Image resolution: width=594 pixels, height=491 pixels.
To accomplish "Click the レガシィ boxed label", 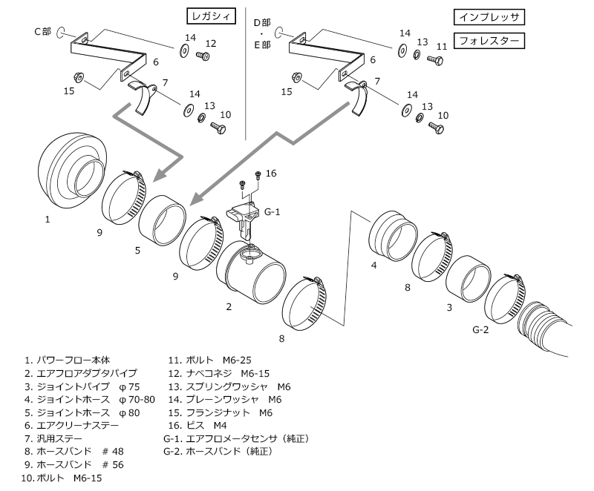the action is (x=212, y=16).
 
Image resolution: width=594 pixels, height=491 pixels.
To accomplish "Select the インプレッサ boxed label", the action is (x=489, y=17).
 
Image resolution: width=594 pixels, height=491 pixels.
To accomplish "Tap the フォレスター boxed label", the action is (x=489, y=41).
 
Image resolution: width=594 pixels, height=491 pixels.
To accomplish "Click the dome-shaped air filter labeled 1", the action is (x=73, y=171).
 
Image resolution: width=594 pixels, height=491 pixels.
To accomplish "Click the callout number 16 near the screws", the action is (x=271, y=174).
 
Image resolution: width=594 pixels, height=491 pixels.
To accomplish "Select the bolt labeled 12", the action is (x=203, y=56).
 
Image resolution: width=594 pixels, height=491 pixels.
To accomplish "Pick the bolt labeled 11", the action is (x=436, y=60).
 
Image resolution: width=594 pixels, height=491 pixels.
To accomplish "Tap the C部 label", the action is (x=42, y=31).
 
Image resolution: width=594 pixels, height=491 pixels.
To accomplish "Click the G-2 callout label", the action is (x=480, y=329).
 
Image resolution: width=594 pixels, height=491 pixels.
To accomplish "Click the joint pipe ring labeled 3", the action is (x=469, y=278).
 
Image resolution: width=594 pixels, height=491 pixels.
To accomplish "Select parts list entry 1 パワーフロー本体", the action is (x=68, y=360).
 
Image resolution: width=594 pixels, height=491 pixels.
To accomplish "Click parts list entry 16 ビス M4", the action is (x=198, y=426).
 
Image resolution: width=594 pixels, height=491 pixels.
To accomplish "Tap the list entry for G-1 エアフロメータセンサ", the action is (x=236, y=439).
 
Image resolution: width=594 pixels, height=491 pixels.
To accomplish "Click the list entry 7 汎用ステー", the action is (x=53, y=439).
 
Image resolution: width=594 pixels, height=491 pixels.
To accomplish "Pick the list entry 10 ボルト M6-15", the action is (x=62, y=478).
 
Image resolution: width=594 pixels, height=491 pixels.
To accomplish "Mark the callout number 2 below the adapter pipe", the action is (x=229, y=307).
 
